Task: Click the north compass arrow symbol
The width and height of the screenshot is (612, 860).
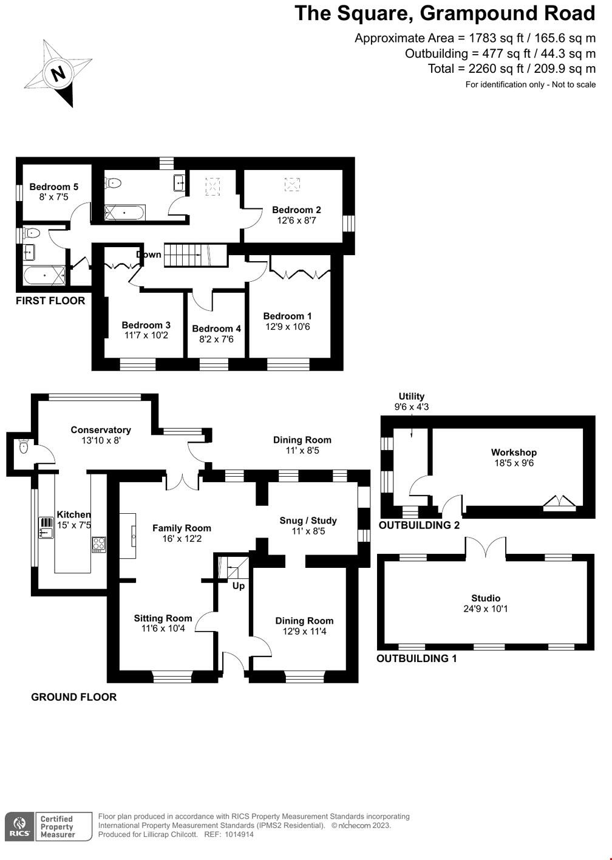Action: coord(58,73)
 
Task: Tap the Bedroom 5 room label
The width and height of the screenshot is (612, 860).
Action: coord(53,186)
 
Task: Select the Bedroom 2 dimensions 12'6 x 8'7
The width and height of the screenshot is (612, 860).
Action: coord(296,221)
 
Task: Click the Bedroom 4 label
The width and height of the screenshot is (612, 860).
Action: coord(216,329)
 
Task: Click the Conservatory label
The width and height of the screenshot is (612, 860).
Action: coord(101,430)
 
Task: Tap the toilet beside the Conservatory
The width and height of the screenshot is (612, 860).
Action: coord(24,447)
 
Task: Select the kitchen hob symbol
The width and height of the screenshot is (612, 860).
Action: coord(99,544)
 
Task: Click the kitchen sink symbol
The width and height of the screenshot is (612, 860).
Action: coord(46,527)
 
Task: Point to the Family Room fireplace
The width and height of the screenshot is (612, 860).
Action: coord(128,535)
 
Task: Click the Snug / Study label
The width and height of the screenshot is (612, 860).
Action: coord(308,520)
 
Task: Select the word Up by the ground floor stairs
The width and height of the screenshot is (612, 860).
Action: coord(239,586)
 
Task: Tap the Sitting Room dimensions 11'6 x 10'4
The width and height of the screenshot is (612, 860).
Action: coord(163,629)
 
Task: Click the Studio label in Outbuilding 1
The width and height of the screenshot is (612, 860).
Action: coord(486,598)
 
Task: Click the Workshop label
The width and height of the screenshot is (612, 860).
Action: coord(514,452)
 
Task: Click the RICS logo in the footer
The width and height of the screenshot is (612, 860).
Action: coord(18,827)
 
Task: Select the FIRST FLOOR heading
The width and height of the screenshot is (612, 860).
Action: coord(50,301)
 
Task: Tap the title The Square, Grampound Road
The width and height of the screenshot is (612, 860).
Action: coord(444,13)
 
